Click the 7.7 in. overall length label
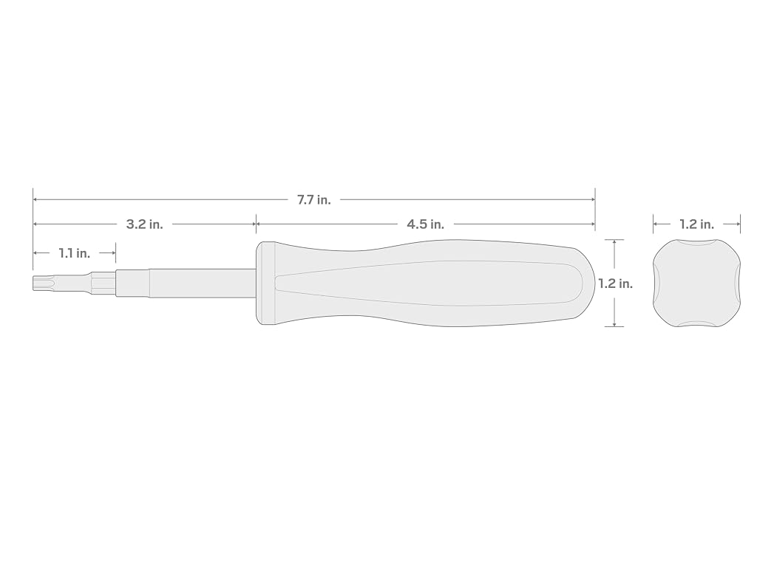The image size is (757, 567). (313, 199)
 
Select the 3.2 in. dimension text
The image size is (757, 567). (144, 224)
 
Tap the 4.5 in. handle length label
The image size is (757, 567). (425, 224)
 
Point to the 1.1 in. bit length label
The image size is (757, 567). (75, 253)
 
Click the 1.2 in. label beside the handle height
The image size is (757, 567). (615, 283)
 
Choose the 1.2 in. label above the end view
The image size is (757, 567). (696, 224)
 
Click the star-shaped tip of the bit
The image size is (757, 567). (39, 283)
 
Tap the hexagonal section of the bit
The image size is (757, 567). (103, 283)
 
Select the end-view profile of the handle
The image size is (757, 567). (696, 283)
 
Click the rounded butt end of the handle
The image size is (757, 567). (585, 283)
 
